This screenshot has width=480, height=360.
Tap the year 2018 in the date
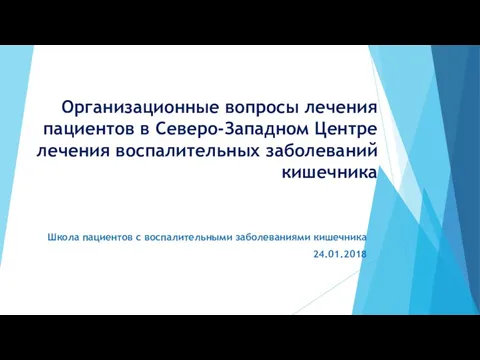click(354, 257)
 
